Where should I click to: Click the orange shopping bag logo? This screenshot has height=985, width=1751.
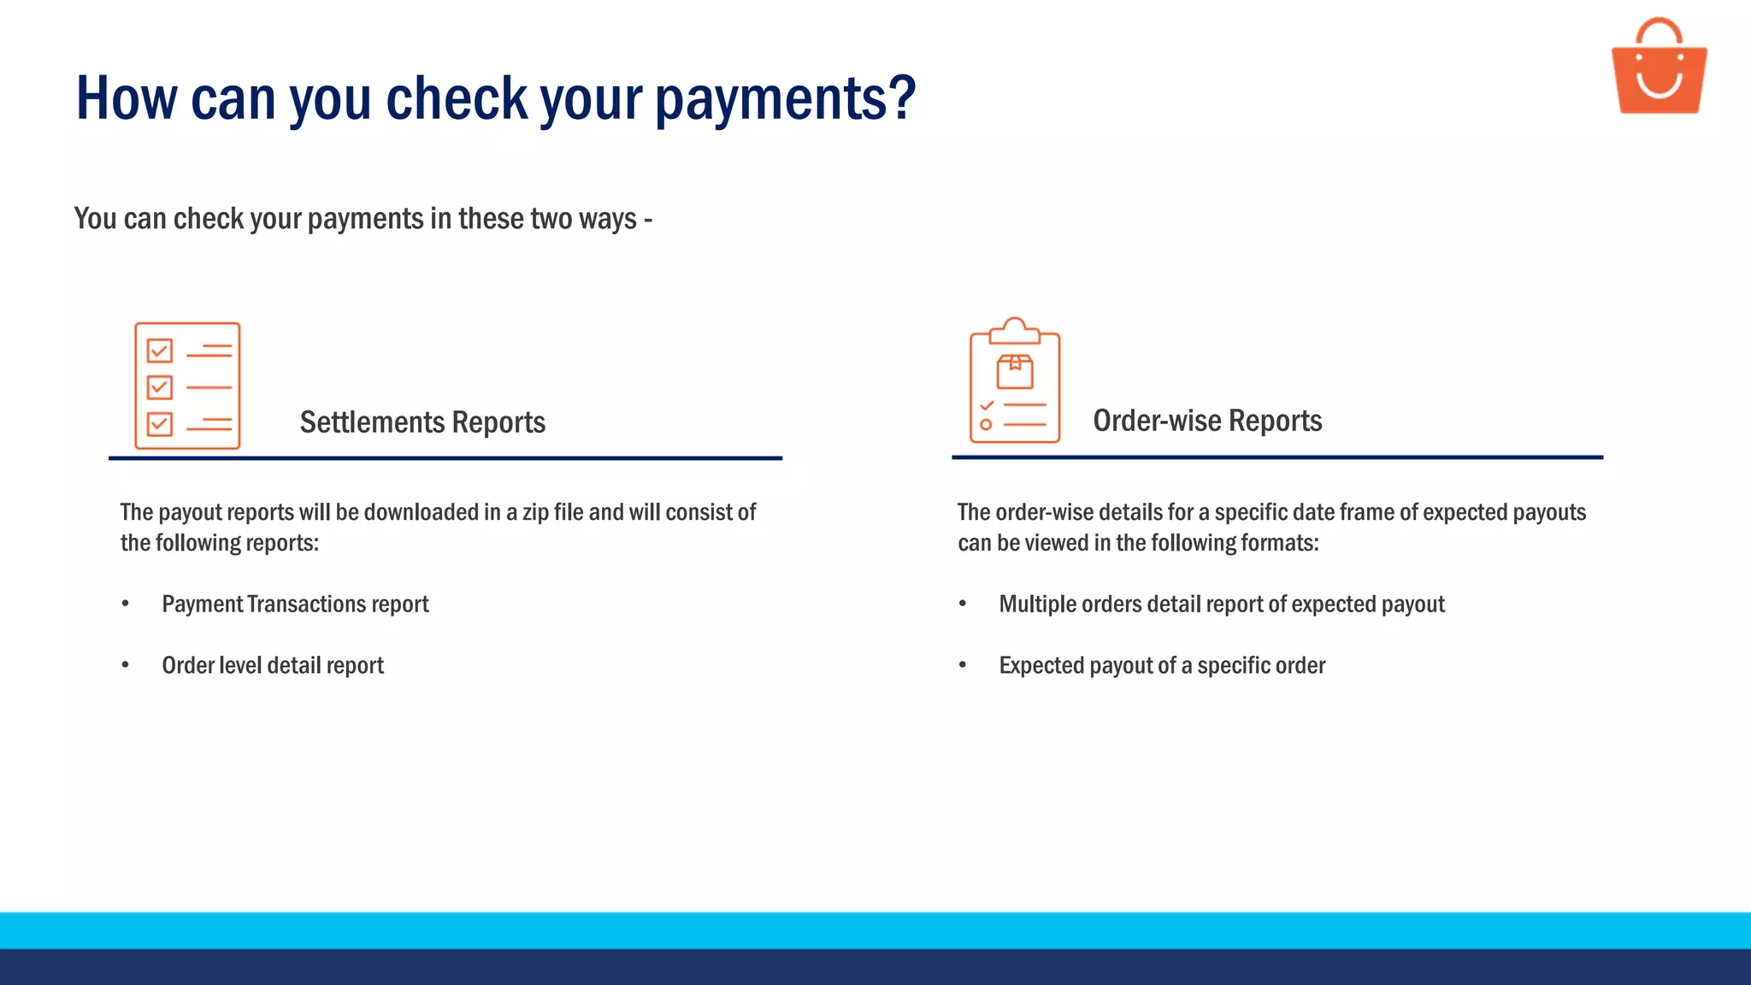pos(1659,68)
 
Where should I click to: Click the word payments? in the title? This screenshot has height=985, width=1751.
pos(785,99)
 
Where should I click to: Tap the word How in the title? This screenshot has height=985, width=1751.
pos(126,97)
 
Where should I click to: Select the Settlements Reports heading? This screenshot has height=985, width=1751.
pos(422,422)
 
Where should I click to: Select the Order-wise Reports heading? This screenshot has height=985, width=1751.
pos(1207,421)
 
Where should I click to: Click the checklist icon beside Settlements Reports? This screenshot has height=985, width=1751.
pos(187,386)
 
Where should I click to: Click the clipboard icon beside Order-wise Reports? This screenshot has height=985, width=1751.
pos(1015,381)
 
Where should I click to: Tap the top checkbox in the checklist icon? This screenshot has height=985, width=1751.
pos(160,351)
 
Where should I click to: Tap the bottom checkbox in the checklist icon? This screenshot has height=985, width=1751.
pos(160,424)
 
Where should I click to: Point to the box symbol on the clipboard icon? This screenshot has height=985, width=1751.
pos(1015,372)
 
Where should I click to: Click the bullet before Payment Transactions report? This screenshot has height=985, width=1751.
pos(126,604)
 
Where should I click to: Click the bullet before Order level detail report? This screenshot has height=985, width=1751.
pos(126,665)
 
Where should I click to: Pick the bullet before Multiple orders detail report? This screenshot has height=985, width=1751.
pos(963,604)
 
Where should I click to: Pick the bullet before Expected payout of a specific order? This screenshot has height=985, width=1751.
pos(963,665)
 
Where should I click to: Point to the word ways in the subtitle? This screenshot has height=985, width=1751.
pos(607,220)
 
